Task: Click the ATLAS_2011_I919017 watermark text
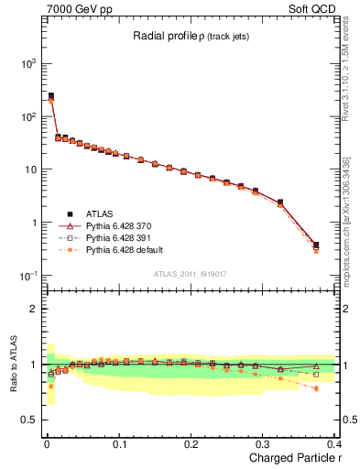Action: pyautogui.click(x=190, y=273)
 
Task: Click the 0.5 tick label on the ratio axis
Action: pyautogui.click(x=28, y=420)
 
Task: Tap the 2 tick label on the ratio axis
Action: pyautogui.click(x=33, y=309)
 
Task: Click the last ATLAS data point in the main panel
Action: pyautogui.click(x=316, y=245)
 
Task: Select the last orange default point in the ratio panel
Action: pyautogui.click(x=316, y=388)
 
